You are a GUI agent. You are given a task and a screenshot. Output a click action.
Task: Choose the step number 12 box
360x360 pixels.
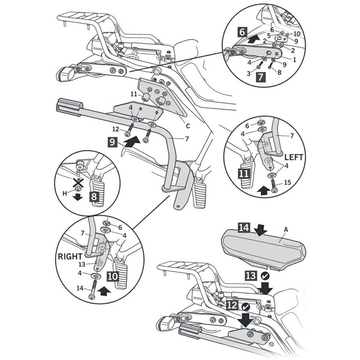(x=232, y=306)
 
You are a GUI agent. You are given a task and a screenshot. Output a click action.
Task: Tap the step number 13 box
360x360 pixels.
(x=251, y=276)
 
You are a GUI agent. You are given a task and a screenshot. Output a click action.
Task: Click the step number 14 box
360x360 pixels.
(x=243, y=228)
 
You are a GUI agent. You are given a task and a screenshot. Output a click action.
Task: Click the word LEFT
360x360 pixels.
(x=294, y=157)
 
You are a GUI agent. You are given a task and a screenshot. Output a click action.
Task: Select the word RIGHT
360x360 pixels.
(x=70, y=256)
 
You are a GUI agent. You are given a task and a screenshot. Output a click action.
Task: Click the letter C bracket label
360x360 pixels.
(x=188, y=126)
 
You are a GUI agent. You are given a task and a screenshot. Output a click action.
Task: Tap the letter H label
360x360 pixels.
(x=65, y=193)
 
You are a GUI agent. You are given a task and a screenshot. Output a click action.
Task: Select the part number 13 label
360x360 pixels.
(x=82, y=264)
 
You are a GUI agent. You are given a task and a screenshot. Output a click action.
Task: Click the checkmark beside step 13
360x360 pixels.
(x=265, y=276)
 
